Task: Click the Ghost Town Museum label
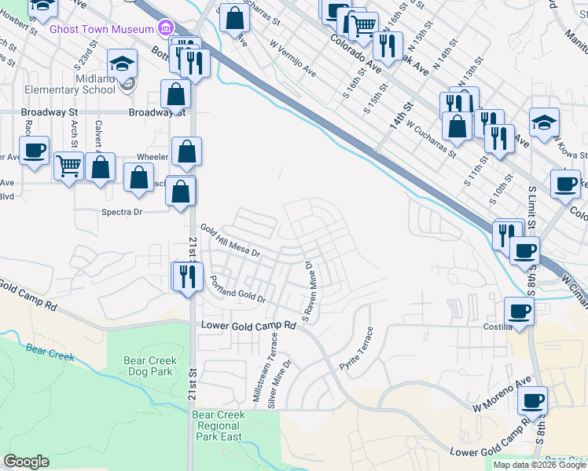coord(101,28)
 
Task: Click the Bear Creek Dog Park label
coord(148,366)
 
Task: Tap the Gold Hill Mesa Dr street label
coord(231,240)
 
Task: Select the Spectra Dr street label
coord(120,212)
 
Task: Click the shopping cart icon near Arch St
coord(69,166)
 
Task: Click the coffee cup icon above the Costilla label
coord(519,311)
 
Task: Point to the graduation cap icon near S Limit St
coord(544,122)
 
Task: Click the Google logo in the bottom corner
coord(26,462)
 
